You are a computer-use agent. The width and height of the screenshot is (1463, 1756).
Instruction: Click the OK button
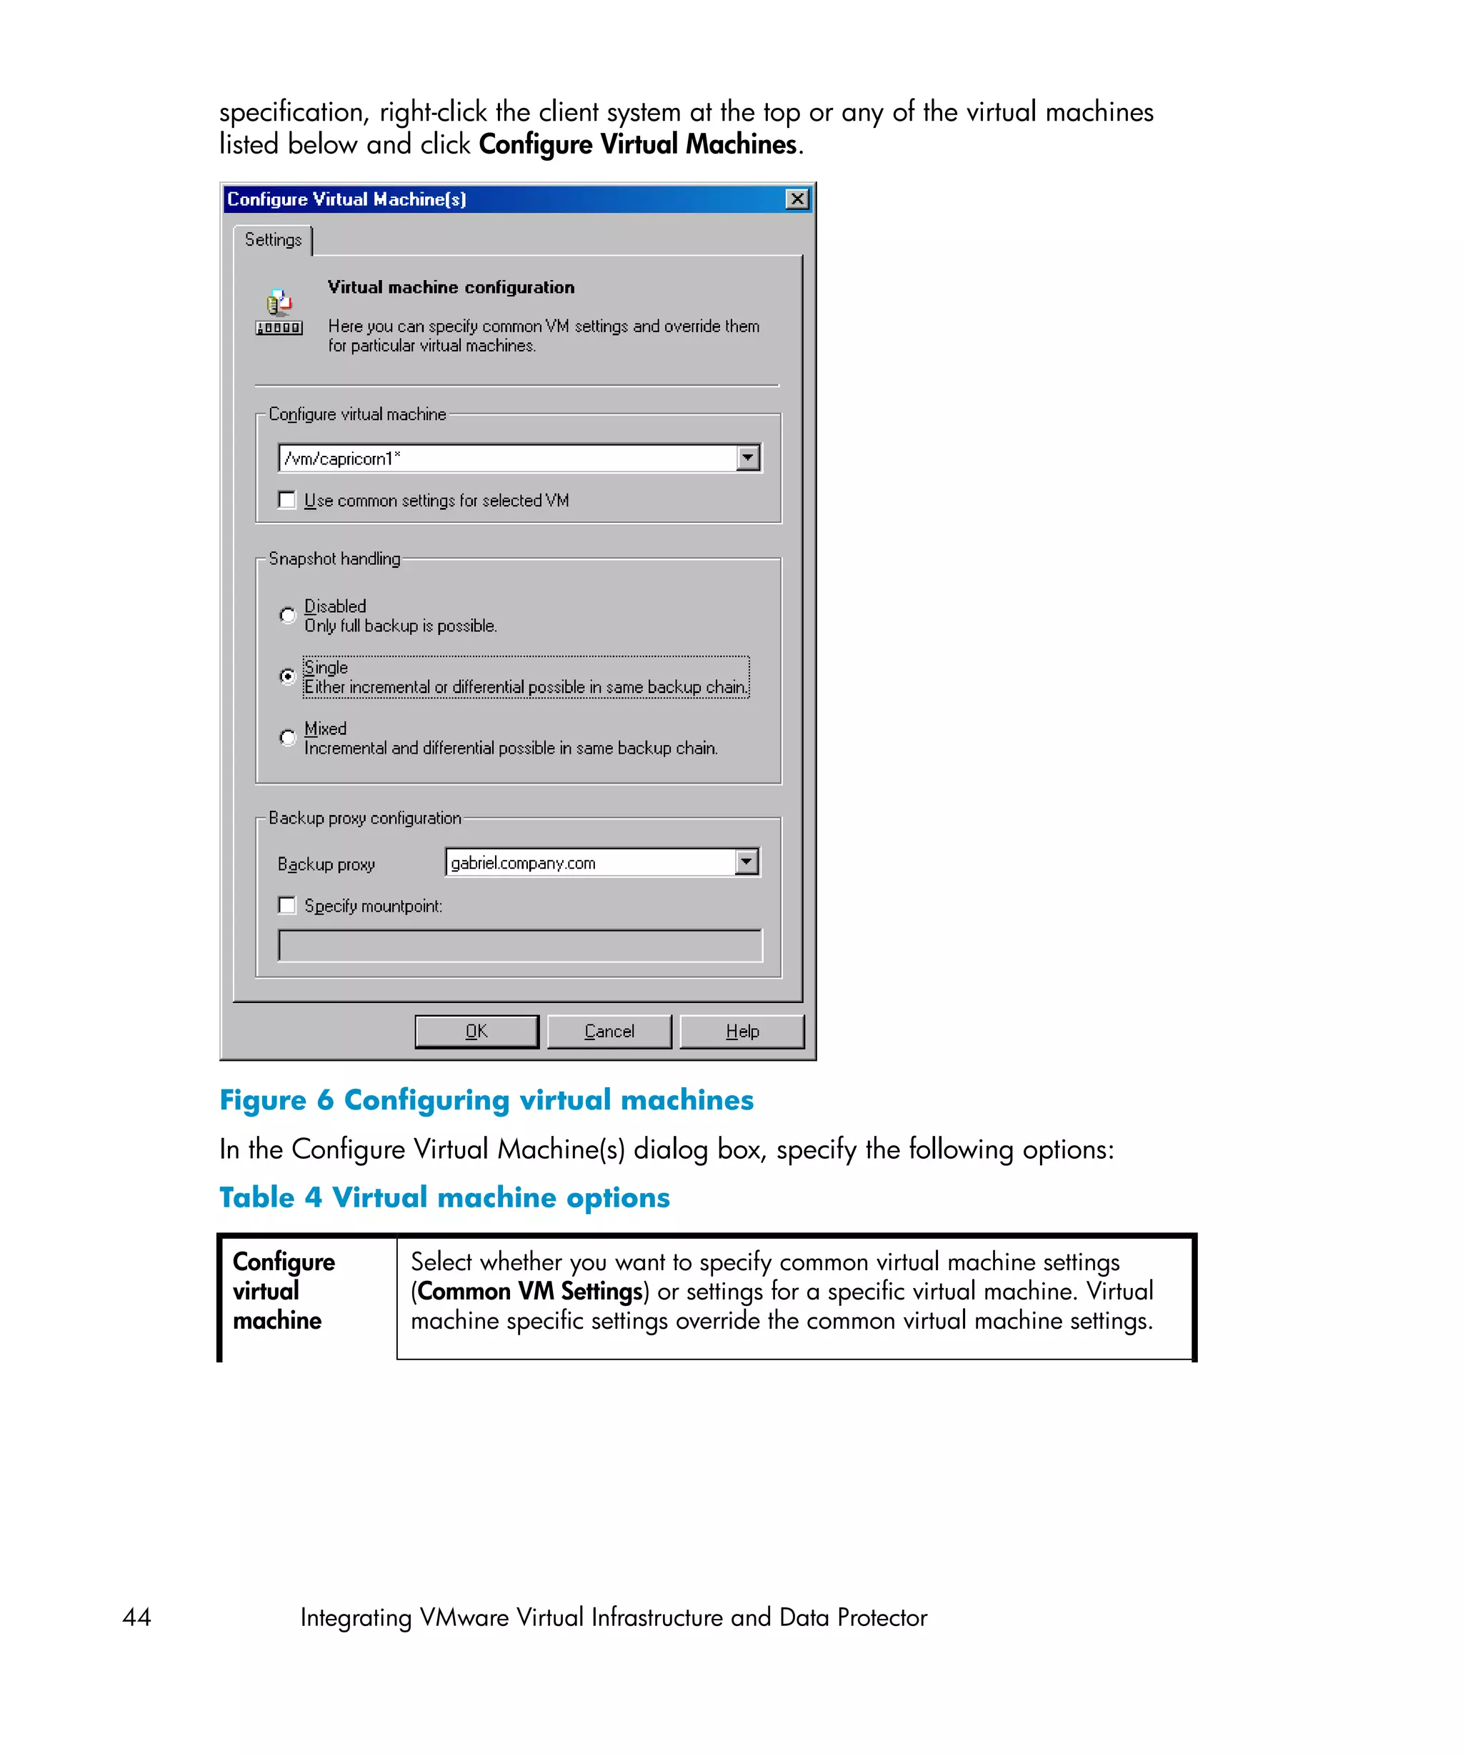coord(476,1031)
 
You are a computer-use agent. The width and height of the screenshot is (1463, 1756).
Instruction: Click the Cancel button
coord(609,1031)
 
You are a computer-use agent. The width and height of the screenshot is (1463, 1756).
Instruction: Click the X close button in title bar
coord(797,199)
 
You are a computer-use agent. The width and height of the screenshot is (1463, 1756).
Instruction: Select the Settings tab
coord(273,240)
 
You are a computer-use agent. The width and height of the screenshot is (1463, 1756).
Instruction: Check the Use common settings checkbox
coord(286,500)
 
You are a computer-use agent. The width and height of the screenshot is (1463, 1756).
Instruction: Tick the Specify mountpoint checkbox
coord(286,906)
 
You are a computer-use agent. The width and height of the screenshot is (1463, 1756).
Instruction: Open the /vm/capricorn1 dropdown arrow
coord(747,458)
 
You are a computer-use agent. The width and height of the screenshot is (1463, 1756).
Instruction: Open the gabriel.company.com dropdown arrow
coord(746,862)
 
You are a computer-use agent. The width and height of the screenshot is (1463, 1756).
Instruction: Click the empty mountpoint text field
coord(519,946)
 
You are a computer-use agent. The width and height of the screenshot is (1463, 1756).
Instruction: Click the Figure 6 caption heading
coord(486,1099)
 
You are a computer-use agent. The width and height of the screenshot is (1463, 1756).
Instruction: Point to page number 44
coord(136,1617)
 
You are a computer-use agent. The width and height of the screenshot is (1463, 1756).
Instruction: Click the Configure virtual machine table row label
coord(284,1290)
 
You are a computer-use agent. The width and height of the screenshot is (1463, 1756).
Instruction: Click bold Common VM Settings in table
coord(529,1291)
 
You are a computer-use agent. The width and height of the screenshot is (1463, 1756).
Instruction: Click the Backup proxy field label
coord(326,864)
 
